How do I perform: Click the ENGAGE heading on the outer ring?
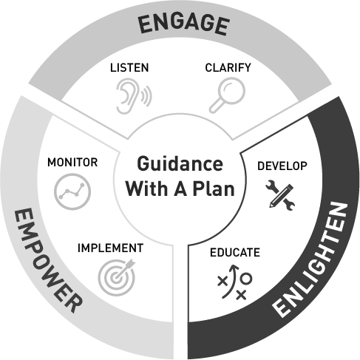(x=183, y=24)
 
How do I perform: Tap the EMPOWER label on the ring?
(x=47, y=260)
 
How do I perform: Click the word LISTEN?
(x=129, y=68)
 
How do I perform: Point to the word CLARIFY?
(x=228, y=67)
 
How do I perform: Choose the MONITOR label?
(x=72, y=163)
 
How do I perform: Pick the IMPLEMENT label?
(x=110, y=248)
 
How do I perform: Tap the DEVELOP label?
(x=282, y=166)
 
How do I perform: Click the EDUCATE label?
(x=235, y=252)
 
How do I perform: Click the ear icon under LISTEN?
(x=134, y=96)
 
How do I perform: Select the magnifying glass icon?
(x=227, y=95)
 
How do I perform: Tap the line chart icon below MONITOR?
(x=72, y=191)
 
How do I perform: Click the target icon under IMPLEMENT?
(x=117, y=277)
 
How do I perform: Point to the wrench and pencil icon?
(x=280, y=195)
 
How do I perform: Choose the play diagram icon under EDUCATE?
(x=234, y=282)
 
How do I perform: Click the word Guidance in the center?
(x=180, y=163)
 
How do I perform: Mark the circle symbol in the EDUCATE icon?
(x=246, y=279)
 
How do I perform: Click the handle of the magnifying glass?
(x=215, y=107)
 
